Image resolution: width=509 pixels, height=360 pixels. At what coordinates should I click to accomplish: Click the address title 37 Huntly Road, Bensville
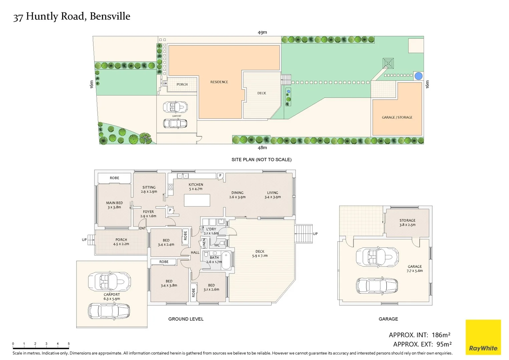tap(72, 16)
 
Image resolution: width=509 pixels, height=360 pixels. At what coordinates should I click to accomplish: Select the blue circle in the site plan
tap(418, 76)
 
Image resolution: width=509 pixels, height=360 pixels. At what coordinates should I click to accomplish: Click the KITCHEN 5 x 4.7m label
tap(196, 187)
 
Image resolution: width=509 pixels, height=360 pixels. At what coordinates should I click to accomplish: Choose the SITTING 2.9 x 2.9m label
tap(149, 189)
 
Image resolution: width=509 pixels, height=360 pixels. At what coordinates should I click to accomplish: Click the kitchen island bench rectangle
tap(197, 200)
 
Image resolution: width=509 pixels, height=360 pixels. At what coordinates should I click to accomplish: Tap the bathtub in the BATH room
tap(226, 260)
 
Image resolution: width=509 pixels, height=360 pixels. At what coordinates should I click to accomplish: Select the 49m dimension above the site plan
tap(262, 32)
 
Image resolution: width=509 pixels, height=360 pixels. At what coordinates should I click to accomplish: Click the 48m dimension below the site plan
tap(262, 148)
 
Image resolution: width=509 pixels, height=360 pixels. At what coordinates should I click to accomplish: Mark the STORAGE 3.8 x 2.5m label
tap(407, 223)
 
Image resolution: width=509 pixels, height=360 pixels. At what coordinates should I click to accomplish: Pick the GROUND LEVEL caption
tap(186, 319)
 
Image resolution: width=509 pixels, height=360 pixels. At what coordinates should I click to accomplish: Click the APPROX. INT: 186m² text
tap(419, 335)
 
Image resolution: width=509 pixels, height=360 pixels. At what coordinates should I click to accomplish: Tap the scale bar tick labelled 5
tap(69, 344)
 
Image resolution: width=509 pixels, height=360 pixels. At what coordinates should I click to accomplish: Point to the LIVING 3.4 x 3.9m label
tap(273, 195)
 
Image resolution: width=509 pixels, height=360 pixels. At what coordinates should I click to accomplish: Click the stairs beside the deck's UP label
tap(303, 233)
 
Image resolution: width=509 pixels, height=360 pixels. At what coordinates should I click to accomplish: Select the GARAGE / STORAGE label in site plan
tap(397, 117)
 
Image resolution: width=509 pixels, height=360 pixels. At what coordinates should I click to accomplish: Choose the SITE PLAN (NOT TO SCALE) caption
tap(262, 160)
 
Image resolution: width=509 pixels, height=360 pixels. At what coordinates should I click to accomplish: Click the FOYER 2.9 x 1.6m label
tap(148, 214)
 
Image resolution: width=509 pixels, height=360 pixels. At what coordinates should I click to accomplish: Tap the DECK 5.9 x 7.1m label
tap(260, 254)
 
